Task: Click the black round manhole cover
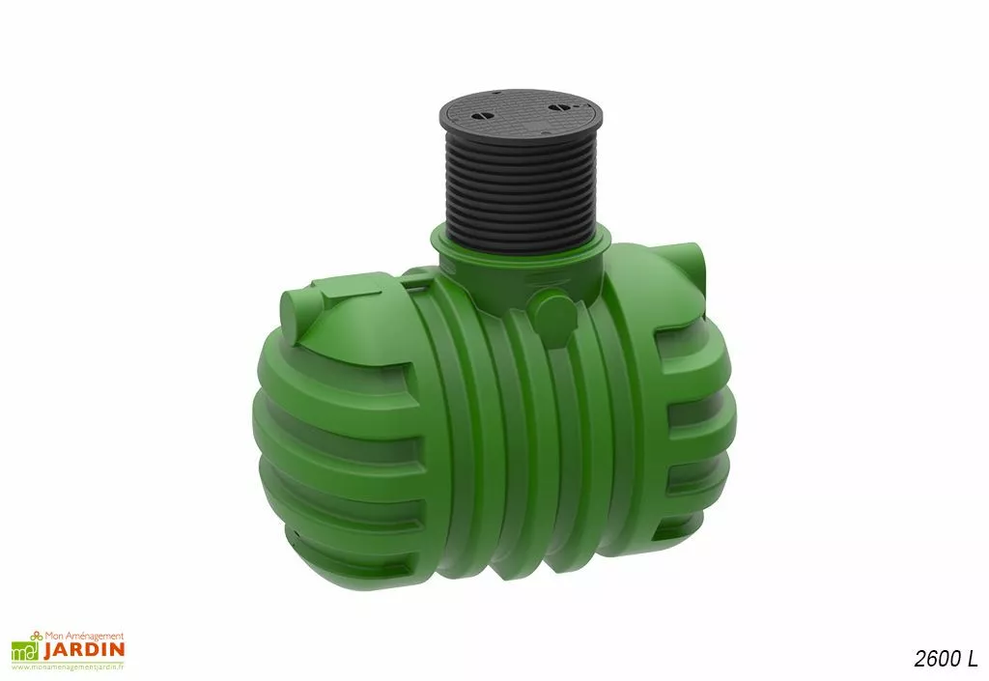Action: (521, 117)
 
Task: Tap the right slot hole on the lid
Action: (558, 108)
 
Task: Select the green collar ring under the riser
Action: (521, 242)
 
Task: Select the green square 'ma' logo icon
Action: (25, 652)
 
